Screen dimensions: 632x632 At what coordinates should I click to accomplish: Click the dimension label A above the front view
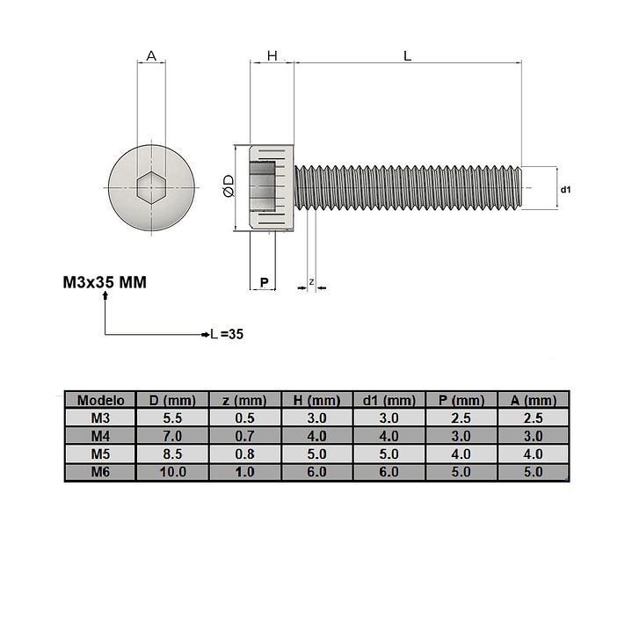pos(151,55)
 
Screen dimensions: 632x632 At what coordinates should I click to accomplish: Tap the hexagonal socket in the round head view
pos(151,187)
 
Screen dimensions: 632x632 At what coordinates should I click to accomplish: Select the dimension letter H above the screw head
pos(272,55)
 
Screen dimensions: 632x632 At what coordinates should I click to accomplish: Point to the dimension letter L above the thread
pos(408,55)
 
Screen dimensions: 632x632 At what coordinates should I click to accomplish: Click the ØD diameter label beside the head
pos(229,185)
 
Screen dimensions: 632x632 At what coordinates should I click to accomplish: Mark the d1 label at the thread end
pos(566,189)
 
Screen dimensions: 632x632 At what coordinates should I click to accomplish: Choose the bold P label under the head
pos(265,282)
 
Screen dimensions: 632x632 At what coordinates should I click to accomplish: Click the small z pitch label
pos(311,282)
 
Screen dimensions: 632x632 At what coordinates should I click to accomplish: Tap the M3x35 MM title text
pos(105,282)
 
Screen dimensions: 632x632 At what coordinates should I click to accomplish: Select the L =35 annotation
pos(228,334)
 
